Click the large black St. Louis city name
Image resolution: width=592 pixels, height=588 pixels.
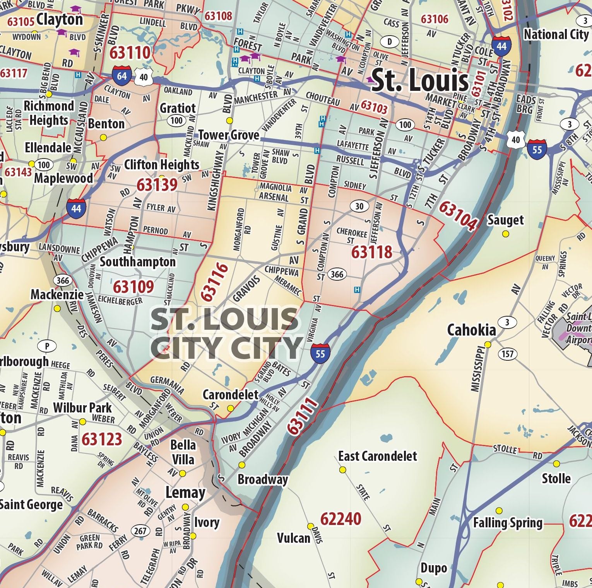[x=420, y=80]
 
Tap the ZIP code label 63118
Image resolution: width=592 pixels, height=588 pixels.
[x=371, y=252]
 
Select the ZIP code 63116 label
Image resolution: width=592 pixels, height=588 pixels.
[x=214, y=282]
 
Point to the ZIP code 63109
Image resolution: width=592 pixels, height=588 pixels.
[x=133, y=287]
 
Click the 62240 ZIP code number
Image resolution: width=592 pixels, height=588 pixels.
[x=340, y=519]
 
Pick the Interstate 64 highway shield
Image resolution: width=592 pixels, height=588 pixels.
[x=121, y=76]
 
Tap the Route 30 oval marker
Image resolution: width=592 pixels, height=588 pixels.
[x=359, y=206]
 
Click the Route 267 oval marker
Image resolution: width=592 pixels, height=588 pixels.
[x=140, y=531]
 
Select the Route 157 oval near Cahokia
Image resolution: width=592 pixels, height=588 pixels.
[x=507, y=354]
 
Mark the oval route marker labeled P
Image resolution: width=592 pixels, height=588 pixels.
[x=48, y=346]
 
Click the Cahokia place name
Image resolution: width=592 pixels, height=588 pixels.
[x=471, y=330]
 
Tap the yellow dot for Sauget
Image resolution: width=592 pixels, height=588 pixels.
[x=505, y=234]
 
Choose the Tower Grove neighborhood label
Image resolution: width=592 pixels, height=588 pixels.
[x=229, y=135]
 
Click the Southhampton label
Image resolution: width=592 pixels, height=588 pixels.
[x=138, y=262]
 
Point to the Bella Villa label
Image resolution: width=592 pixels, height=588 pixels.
[x=183, y=452]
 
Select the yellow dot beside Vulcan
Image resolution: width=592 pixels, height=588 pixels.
[x=310, y=526]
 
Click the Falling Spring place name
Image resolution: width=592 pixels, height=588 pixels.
[x=508, y=523]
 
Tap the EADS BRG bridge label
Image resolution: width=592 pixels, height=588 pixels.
[x=526, y=104]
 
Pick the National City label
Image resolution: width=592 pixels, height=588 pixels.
[x=556, y=34]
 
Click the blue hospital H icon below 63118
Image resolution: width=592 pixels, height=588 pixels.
[x=357, y=290]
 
